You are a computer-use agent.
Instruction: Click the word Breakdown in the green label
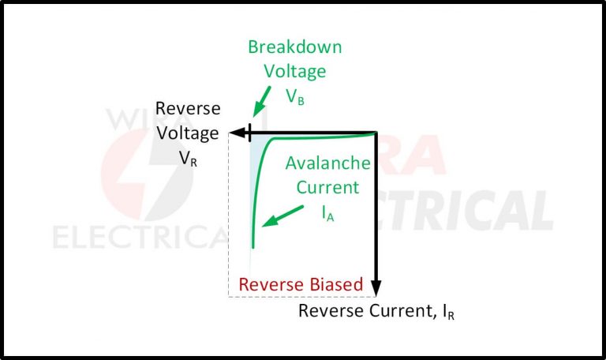295,47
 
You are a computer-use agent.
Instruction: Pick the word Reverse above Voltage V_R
188,108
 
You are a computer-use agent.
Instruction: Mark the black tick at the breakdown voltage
250,133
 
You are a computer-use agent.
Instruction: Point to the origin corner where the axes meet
376,133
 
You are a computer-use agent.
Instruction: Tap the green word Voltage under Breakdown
295,73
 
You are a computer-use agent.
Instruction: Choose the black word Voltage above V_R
188,133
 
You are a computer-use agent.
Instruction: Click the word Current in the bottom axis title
393,310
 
